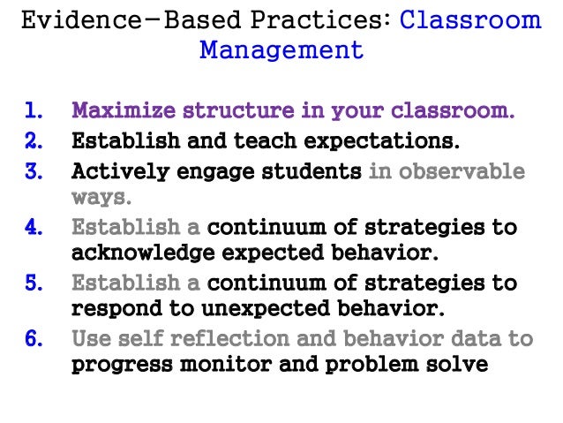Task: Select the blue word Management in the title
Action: coord(281,49)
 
